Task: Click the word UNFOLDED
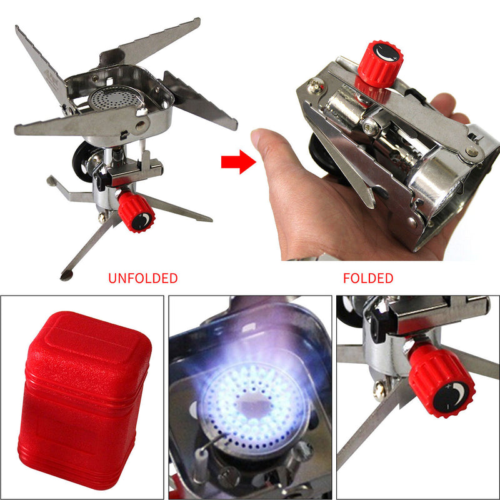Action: (142, 278)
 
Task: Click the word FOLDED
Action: (368, 278)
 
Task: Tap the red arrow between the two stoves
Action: (238, 163)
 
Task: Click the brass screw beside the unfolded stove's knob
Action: (102, 217)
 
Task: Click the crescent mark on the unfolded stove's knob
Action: (144, 219)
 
